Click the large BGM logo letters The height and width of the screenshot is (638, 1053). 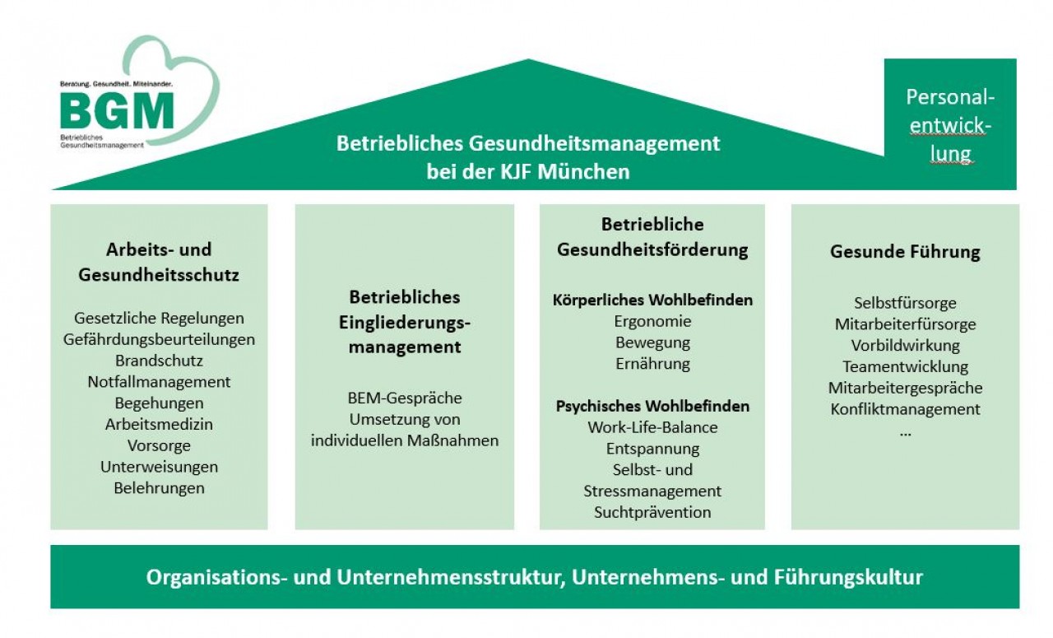[x=117, y=110]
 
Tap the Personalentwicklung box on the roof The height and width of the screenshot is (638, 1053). [x=950, y=124]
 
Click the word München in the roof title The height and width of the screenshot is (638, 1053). [x=583, y=172]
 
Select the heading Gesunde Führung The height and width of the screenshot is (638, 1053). [x=905, y=252]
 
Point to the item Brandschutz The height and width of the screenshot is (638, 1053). [x=159, y=361]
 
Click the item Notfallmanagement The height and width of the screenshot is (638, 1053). [x=159, y=382]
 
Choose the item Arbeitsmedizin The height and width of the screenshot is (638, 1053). [x=159, y=424]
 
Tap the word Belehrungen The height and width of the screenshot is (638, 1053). [x=159, y=488]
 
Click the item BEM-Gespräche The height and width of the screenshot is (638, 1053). [x=405, y=398]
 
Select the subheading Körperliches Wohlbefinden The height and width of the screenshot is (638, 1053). [x=652, y=300]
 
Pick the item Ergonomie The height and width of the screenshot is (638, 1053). [x=652, y=322]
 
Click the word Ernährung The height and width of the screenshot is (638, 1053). [x=652, y=364]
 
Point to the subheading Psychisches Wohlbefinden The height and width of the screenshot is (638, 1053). [x=652, y=406]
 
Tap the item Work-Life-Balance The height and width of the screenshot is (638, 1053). [x=652, y=427]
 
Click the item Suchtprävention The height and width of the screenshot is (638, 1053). [x=652, y=512]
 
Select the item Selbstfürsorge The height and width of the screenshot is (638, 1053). [x=905, y=303]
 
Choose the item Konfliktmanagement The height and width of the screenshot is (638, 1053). [x=905, y=409]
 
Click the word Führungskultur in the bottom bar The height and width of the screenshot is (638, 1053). [x=848, y=577]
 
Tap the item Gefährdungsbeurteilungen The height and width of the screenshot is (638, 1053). [x=159, y=339]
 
